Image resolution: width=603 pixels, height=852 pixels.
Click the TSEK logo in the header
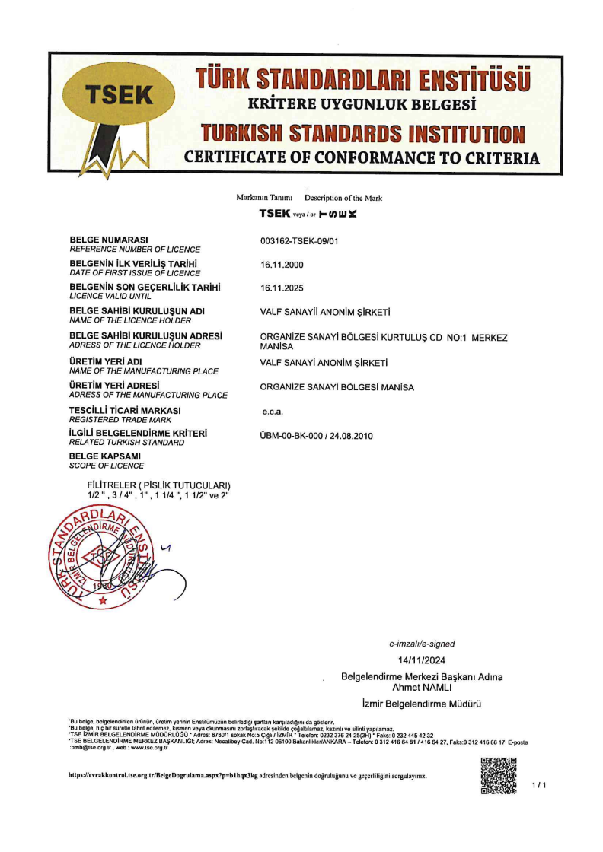tap(120, 96)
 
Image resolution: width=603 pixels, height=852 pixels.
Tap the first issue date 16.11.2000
tap(282, 265)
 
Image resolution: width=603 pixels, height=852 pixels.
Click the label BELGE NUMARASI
tap(108, 240)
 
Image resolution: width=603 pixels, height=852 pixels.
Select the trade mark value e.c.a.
tap(272, 412)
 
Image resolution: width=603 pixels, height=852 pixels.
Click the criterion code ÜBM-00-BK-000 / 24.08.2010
tap(317, 436)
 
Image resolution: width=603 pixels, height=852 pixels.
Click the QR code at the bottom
tap(499, 776)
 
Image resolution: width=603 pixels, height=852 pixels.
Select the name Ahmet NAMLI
tap(421, 687)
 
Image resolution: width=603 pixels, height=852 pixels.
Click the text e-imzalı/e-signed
tap(422, 644)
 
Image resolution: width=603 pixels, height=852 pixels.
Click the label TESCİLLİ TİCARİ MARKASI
tap(120, 410)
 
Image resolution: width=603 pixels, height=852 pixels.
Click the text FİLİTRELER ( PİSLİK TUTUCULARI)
tap(159, 485)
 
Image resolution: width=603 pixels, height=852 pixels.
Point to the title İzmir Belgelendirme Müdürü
tap(421, 704)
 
